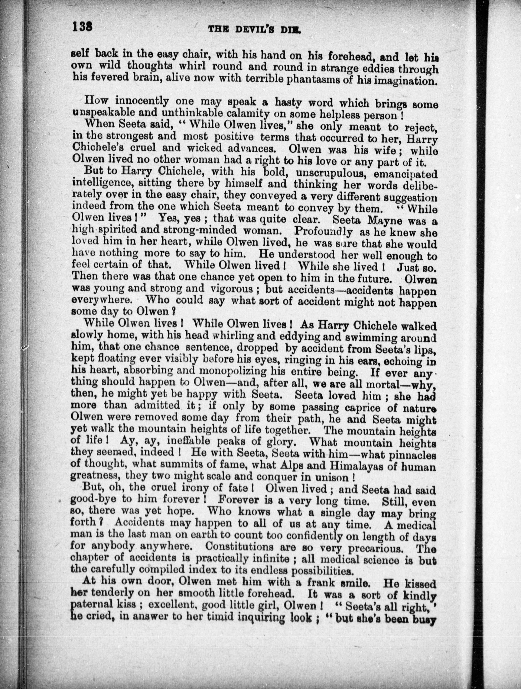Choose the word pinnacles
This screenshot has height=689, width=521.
407,454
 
